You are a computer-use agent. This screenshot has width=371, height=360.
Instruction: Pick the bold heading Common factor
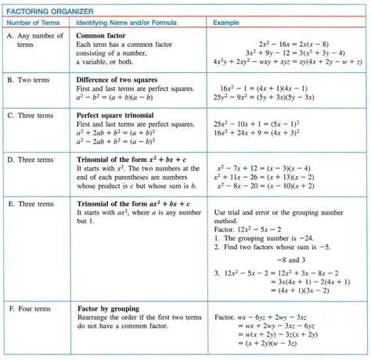coord(105,34)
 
